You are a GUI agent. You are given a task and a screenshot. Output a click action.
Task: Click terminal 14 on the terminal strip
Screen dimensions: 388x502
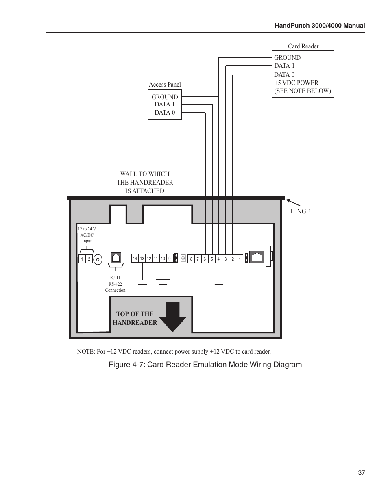[135, 259]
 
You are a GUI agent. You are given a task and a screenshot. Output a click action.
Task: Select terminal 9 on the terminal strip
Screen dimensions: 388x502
[170, 259]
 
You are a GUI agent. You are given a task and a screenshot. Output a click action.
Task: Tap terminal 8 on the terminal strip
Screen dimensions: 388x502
[191, 259]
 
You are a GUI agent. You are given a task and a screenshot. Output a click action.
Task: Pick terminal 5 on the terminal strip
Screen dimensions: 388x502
[211, 259]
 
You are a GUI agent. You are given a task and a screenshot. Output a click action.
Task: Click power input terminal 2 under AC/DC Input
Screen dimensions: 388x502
[89, 259]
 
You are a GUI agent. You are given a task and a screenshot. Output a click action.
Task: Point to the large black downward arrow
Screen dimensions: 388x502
[172, 317]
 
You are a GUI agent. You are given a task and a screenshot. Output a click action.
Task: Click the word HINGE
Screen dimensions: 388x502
[300, 211]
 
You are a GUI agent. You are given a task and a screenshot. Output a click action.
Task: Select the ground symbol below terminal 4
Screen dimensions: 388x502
[219, 285]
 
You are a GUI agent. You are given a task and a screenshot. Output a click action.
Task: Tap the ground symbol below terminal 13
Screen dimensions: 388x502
[142, 285]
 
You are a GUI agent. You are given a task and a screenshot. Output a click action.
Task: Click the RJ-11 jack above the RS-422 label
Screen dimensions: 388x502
[116, 258]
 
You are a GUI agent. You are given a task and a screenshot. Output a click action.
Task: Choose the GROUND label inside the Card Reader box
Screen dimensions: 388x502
[287, 58]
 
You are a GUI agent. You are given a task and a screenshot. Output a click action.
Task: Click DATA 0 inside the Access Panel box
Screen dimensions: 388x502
[165, 113]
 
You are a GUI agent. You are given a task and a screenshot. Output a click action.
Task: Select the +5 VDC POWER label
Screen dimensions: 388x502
[296, 83]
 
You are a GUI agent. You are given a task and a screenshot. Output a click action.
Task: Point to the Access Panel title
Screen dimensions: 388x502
[165, 85]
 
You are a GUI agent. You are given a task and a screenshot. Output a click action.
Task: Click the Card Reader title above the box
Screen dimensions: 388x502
[303, 46]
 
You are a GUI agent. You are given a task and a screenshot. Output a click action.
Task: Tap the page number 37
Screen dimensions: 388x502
[362, 473]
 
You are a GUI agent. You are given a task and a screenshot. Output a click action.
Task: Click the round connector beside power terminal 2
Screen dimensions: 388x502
[98, 259]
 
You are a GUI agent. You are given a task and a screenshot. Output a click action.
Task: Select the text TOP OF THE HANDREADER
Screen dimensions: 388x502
[135, 318]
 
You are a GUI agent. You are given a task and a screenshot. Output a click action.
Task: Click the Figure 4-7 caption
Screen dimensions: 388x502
[205, 365]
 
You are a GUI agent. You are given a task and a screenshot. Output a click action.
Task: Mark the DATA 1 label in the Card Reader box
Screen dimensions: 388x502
[284, 66]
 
